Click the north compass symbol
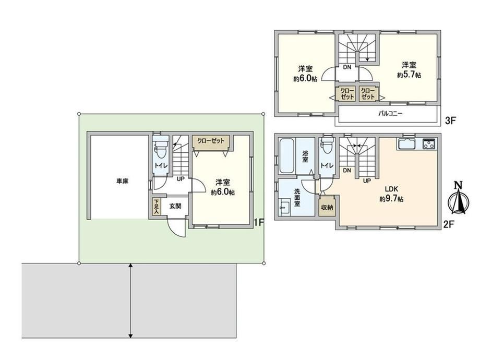tap(458, 198)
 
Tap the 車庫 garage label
tap(122, 181)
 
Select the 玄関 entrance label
tap(175, 206)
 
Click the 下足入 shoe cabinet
tap(156, 206)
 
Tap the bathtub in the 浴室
tap(287, 155)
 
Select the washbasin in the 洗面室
tap(285, 207)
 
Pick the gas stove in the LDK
tap(429, 144)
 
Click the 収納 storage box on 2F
tap(327, 207)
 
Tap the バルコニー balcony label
tap(390, 114)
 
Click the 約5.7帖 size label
tap(409, 75)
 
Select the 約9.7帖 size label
tap(391, 199)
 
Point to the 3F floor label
tap(450, 121)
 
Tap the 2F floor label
tap(448, 225)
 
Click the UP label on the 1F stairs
tap(181, 178)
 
